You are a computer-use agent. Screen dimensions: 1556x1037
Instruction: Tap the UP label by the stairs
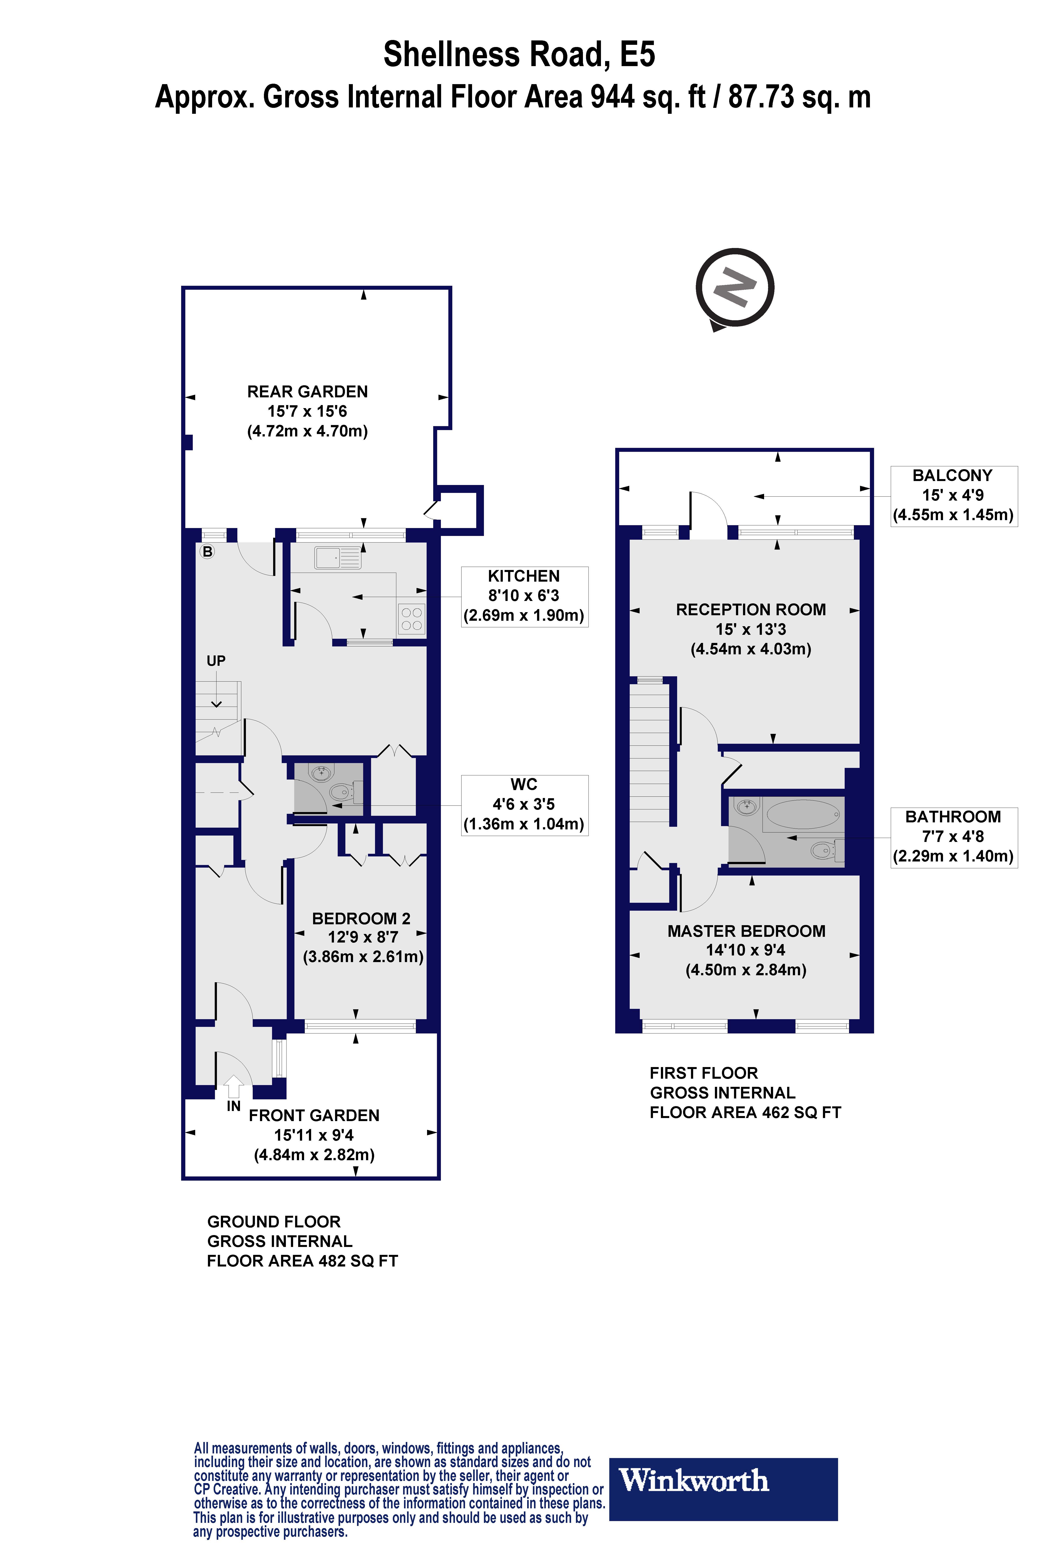click(x=216, y=660)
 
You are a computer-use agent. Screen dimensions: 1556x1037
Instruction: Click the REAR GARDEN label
click(x=308, y=392)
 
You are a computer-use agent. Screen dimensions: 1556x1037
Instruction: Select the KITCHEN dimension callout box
click(x=524, y=596)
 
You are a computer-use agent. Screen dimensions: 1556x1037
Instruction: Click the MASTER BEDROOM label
click(x=746, y=931)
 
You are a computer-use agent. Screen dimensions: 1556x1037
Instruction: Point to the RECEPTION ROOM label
click(x=751, y=609)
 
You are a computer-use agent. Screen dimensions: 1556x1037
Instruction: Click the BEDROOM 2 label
click(x=361, y=918)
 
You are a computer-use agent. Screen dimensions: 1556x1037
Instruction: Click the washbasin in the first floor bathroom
click(x=747, y=807)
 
